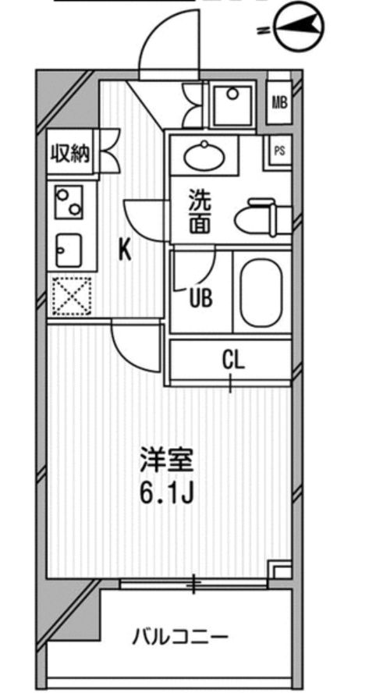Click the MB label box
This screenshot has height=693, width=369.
tap(279, 101)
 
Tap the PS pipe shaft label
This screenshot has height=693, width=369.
tap(279, 151)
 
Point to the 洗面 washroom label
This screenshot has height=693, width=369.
tap(200, 212)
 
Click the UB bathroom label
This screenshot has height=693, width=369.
tap(200, 298)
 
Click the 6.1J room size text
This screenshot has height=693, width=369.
tap(166, 495)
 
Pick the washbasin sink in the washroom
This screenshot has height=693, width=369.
tap(204, 155)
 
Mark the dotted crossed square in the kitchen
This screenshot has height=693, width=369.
tap(71, 297)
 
